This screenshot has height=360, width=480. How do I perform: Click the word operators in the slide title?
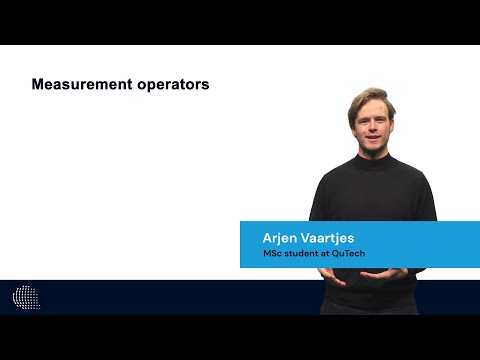tap(173, 85)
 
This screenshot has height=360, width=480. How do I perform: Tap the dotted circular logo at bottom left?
tap(25, 297)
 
